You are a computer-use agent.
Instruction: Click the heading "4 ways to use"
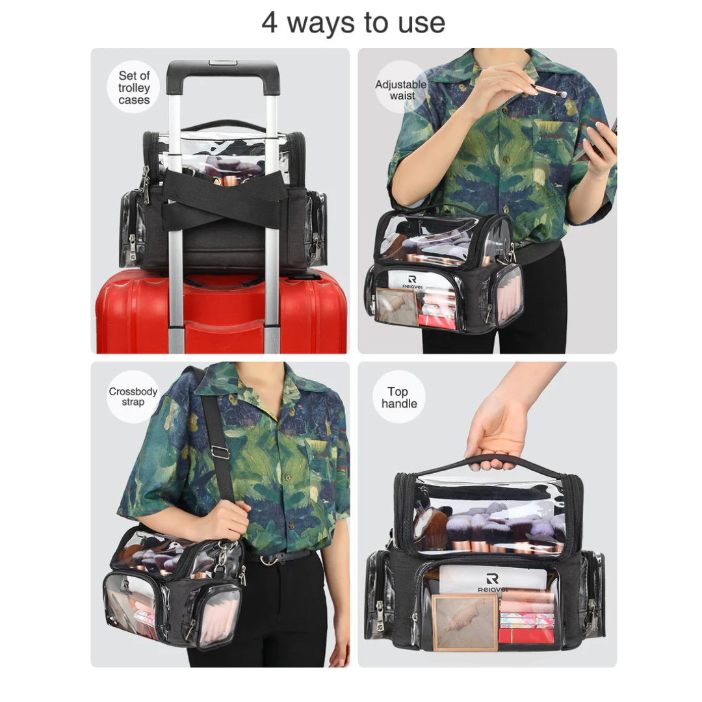(x=353, y=23)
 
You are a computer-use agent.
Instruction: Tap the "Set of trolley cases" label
(x=134, y=88)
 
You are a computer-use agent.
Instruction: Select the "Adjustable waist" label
(x=400, y=90)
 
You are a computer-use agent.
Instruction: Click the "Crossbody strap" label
(x=133, y=396)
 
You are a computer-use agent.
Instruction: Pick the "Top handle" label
(x=399, y=398)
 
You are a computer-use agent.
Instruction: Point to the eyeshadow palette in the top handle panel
(x=465, y=623)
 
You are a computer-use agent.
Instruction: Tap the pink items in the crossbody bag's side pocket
(x=218, y=615)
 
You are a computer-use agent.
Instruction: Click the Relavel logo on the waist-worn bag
(x=412, y=282)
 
